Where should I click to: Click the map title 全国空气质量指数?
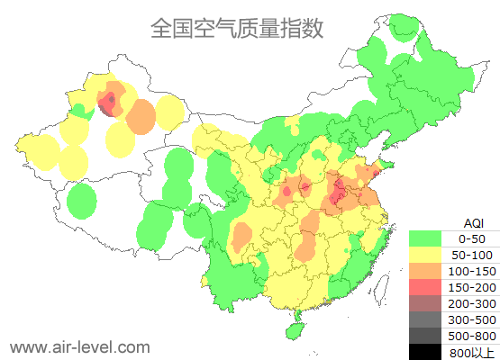[x=237, y=28]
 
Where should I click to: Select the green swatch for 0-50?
[x=425, y=238]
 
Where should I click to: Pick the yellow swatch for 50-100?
[x=425, y=255]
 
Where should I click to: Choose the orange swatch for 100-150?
[x=425, y=270]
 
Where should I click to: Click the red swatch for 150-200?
[x=425, y=286]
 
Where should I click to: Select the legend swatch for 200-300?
[x=425, y=302]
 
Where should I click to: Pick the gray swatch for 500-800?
[x=425, y=335]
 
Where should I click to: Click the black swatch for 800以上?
[x=425, y=351]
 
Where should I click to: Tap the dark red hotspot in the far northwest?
[x=110, y=101]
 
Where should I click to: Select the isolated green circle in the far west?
[x=82, y=201]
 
